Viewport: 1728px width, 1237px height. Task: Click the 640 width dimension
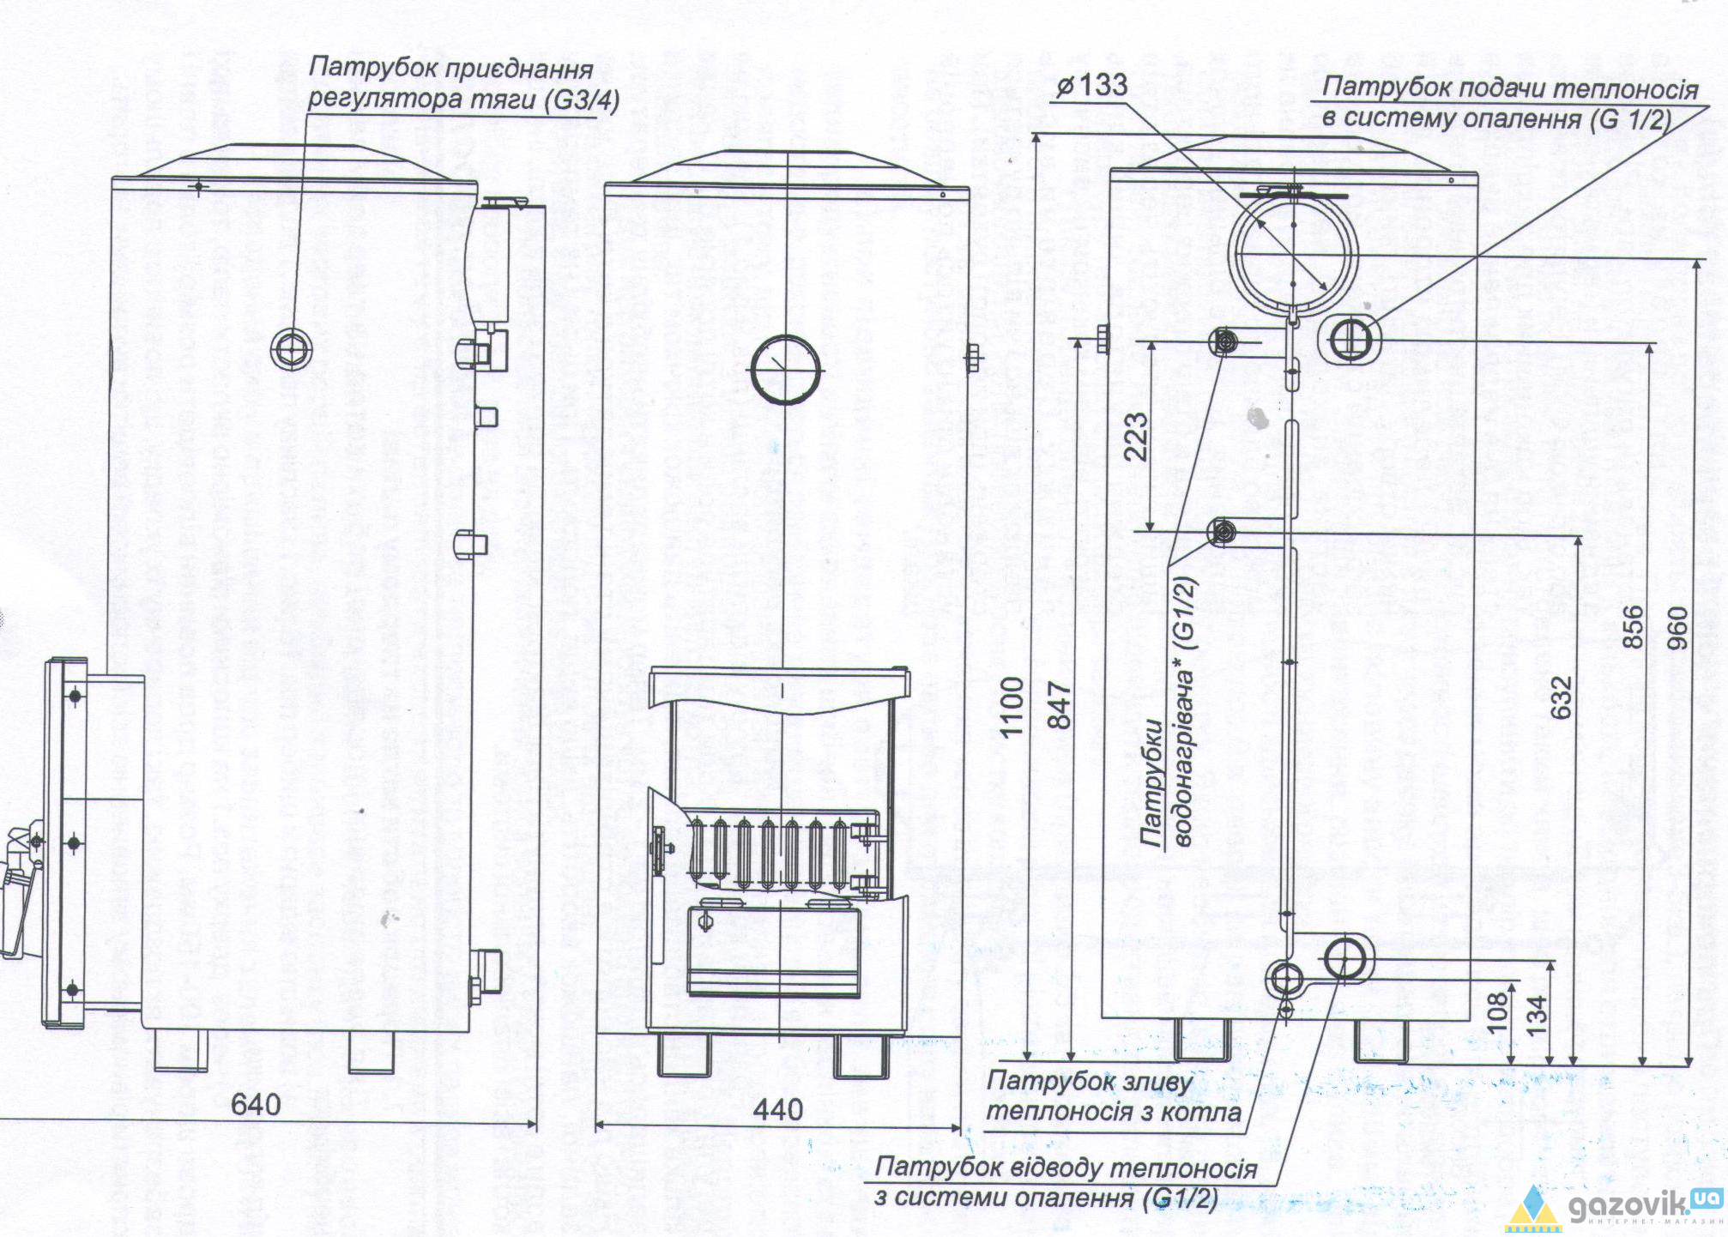(x=256, y=1104)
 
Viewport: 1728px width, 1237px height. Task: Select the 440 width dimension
(x=777, y=1110)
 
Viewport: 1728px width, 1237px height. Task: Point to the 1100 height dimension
(x=1012, y=705)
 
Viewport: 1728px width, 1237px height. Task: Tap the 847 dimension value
(x=1060, y=705)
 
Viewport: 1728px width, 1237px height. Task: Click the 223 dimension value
(x=1135, y=436)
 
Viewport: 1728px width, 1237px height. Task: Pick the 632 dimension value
(x=1562, y=697)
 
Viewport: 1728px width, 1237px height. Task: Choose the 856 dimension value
(x=1634, y=626)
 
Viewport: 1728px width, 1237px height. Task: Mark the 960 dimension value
(x=1678, y=628)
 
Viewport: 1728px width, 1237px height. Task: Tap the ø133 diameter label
(x=1091, y=85)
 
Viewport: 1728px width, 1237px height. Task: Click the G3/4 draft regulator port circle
(x=291, y=349)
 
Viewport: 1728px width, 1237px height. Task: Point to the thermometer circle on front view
(x=785, y=370)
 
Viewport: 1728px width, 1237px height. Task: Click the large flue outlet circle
(x=1293, y=253)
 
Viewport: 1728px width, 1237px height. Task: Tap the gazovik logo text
(x=1630, y=1207)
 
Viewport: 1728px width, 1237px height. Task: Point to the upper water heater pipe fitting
(x=1224, y=342)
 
